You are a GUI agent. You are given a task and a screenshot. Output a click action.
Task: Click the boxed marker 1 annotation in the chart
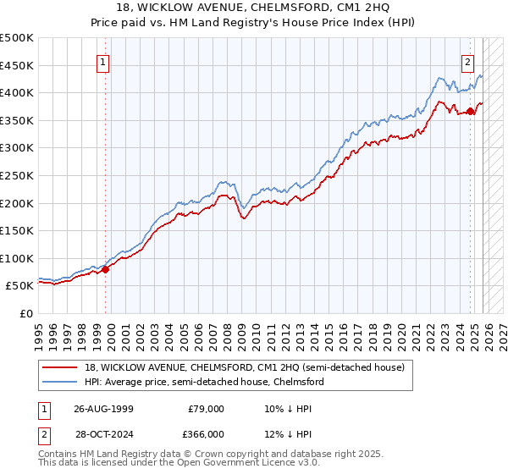click(102, 61)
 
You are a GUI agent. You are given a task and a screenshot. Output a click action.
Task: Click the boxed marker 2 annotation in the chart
click(467, 61)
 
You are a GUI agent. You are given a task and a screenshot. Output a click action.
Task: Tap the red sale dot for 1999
click(106, 269)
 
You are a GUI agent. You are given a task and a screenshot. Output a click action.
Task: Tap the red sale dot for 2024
click(471, 110)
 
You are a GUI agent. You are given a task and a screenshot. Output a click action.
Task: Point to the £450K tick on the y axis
click(17, 65)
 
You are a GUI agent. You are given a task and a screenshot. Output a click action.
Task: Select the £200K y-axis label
click(17, 203)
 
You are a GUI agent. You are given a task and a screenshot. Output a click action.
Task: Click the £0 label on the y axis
click(27, 313)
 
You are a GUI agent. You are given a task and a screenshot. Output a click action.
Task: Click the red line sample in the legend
click(62, 367)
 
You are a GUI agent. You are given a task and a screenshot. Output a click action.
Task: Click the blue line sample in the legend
click(62, 382)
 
